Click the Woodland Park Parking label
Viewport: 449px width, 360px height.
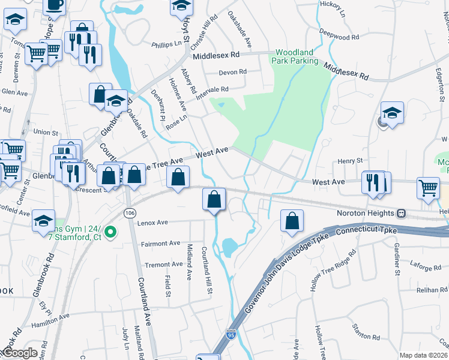point(297,57)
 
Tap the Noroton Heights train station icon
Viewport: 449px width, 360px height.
point(400,213)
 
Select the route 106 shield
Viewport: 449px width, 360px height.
point(129,213)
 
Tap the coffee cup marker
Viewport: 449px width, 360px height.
point(54,5)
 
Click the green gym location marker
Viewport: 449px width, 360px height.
point(110,232)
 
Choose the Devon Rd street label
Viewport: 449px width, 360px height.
point(233,72)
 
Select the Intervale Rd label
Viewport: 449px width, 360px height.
point(217,90)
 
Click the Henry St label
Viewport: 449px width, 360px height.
point(351,161)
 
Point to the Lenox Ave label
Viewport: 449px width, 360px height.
point(151,222)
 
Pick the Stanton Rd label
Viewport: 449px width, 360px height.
point(365,328)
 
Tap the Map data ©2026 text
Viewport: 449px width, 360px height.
point(424,355)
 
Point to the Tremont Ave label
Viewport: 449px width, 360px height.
point(162,264)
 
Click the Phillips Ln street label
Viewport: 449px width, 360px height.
point(166,43)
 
